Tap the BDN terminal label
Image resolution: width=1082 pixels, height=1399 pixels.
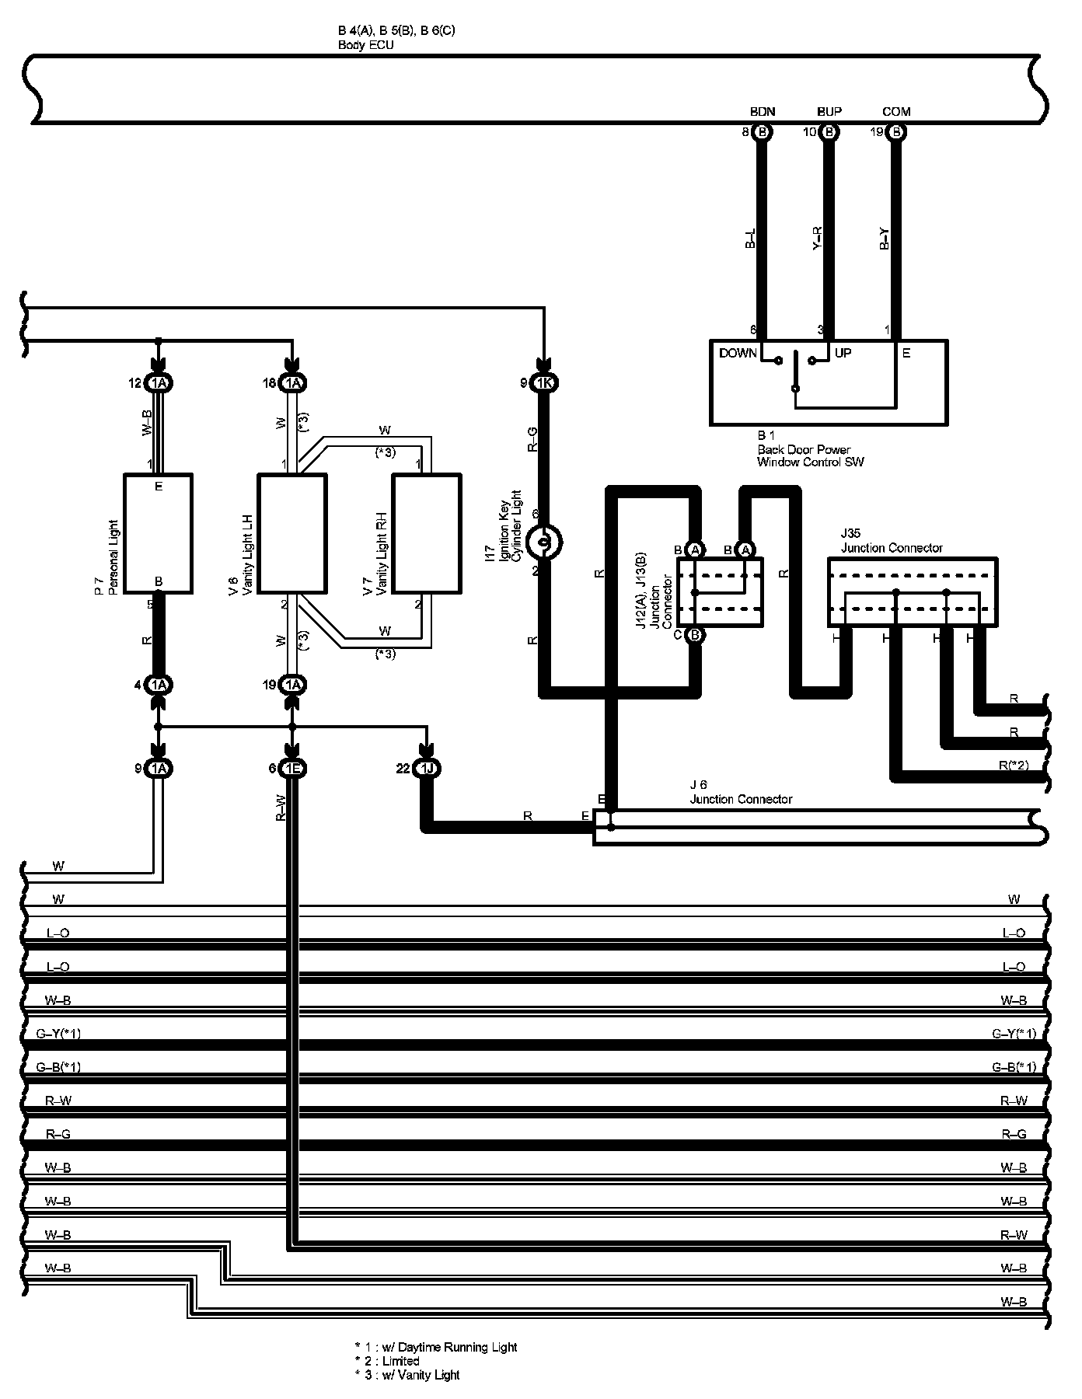pyautogui.click(x=763, y=112)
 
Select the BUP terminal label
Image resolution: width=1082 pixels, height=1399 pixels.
pyautogui.click(x=829, y=112)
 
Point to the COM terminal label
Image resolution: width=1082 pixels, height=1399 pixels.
pyautogui.click(x=896, y=112)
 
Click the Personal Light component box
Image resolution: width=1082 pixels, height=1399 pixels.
pyautogui.click(x=158, y=533)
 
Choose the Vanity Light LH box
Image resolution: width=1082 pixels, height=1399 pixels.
pyautogui.click(x=291, y=533)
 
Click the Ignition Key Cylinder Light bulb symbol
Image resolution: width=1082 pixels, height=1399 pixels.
pyautogui.click(x=544, y=542)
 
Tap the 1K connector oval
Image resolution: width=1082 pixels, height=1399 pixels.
pyautogui.click(x=544, y=383)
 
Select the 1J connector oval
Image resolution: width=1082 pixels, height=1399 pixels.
pyautogui.click(x=427, y=769)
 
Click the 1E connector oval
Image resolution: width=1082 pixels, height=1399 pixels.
pyautogui.click(x=293, y=769)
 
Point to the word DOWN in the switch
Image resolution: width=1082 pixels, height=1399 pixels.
pyautogui.click(x=738, y=354)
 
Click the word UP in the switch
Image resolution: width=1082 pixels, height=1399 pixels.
pyautogui.click(x=843, y=354)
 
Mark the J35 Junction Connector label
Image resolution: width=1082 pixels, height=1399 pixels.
pyautogui.click(x=892, y=542)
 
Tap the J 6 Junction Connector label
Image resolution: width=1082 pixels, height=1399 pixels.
pyautogui.click(x=741, y=793)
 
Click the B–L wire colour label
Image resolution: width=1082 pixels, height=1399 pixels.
pyautogui.click(x=750, y=239)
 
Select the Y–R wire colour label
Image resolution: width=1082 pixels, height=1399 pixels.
pyautogui.click(x=817, y=239)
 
